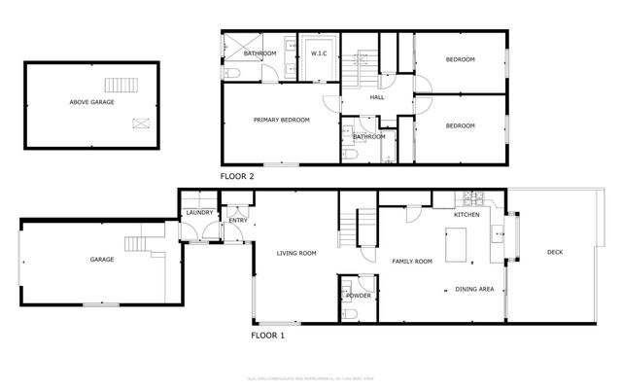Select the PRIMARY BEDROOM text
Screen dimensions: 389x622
click(281, 120)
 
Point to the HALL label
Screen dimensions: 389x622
click(377, 97)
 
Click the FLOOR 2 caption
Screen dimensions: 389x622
click(237, 176)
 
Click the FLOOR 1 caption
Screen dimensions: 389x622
click(268, 335)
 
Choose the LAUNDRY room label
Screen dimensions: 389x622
click(199, 212)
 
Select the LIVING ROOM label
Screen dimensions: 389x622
click(296, 254)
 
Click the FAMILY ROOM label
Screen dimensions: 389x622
click(410, 262)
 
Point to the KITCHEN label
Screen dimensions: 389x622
click(467, 214)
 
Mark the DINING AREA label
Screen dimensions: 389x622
click(475, 289)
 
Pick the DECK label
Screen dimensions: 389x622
click(554, 253)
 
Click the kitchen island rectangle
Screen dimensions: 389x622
click(456, 246)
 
